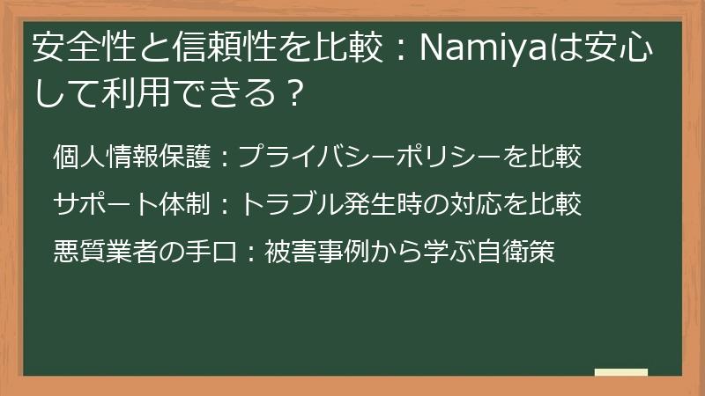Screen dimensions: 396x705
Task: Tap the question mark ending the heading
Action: (x=295, y=92)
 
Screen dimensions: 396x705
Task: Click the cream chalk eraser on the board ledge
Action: (x=620, y=371)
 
